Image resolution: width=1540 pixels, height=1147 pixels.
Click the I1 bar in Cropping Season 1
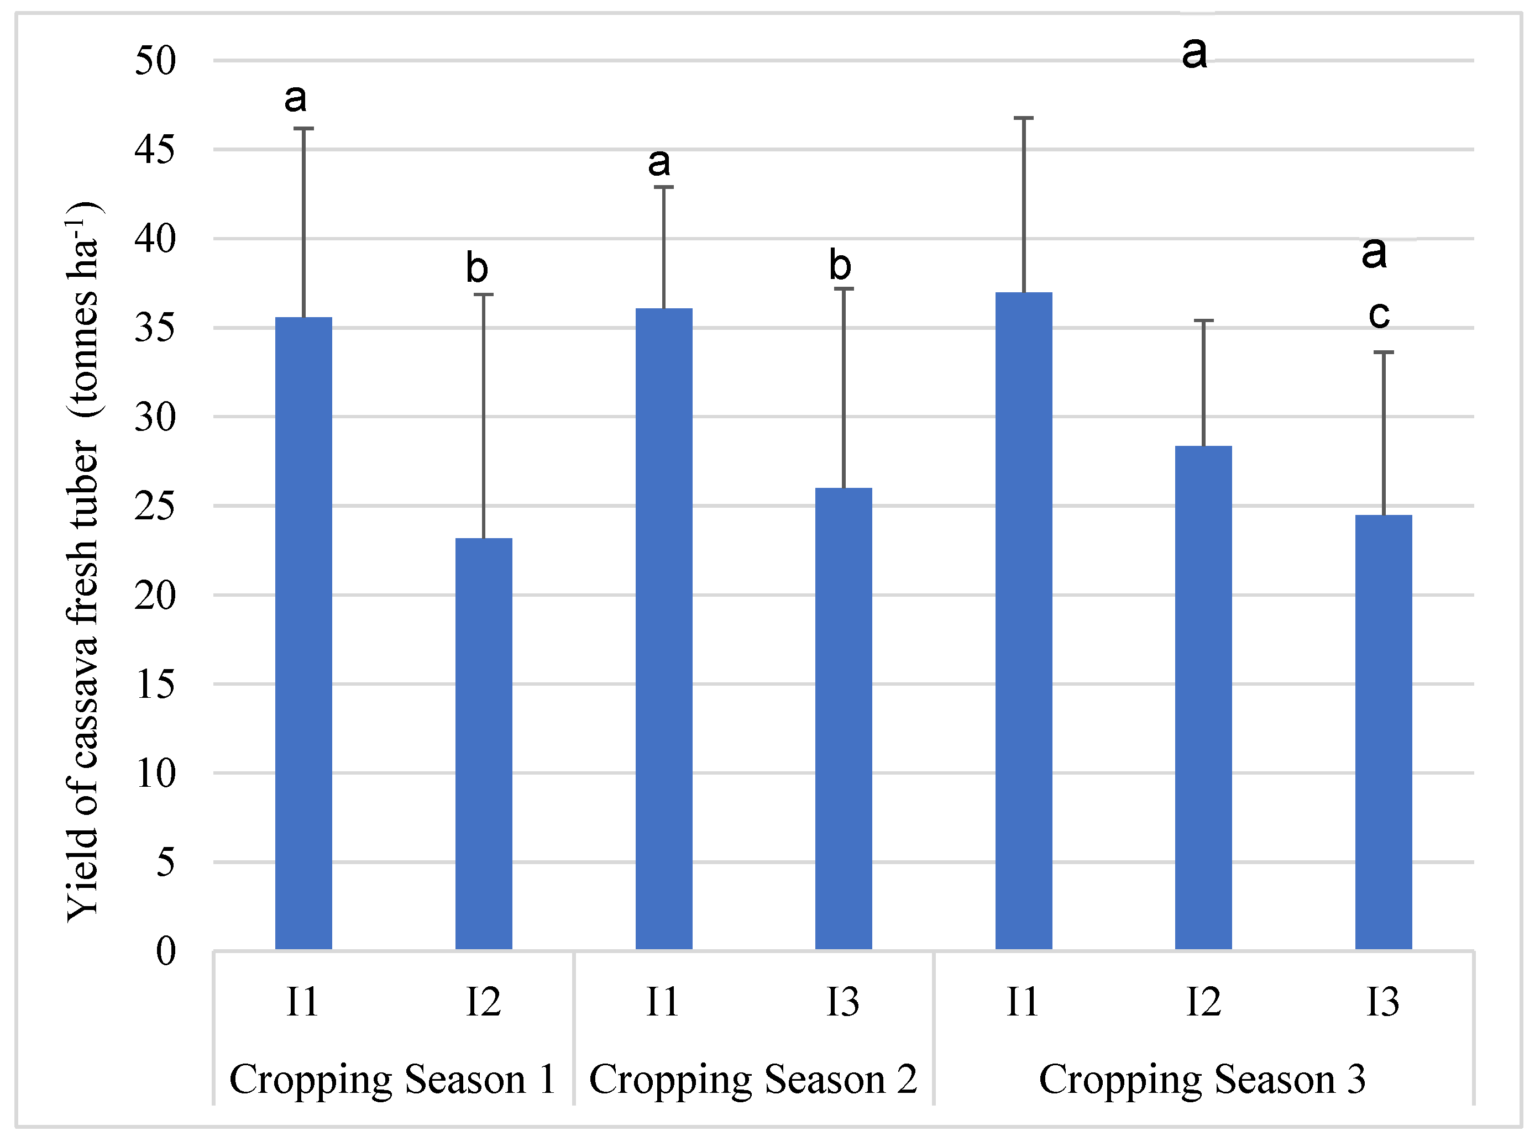303,633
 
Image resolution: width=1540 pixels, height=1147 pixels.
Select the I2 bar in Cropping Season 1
484,744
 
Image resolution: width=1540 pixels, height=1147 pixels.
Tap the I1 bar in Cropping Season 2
664,629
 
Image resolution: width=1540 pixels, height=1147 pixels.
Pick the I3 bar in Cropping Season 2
844,719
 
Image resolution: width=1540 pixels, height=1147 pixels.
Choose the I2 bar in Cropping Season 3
1204,698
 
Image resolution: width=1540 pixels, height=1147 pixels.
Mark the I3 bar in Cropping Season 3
1384,733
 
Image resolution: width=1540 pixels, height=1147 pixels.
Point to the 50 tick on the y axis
155,61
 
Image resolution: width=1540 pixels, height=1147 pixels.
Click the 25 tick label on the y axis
155,506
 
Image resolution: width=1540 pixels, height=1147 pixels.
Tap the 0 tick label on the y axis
166,951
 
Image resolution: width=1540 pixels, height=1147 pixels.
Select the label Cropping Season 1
392,1080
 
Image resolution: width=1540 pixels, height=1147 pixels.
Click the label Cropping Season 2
753,1080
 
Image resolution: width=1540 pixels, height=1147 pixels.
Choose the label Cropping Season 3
1202,1080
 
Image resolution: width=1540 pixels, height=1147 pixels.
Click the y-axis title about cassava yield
84,562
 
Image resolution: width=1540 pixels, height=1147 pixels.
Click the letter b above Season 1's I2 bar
477,268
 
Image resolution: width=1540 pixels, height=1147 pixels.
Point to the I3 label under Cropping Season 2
842,1002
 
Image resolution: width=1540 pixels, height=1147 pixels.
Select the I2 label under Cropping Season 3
1203,1002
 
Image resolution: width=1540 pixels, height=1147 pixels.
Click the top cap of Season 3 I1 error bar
1024,118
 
